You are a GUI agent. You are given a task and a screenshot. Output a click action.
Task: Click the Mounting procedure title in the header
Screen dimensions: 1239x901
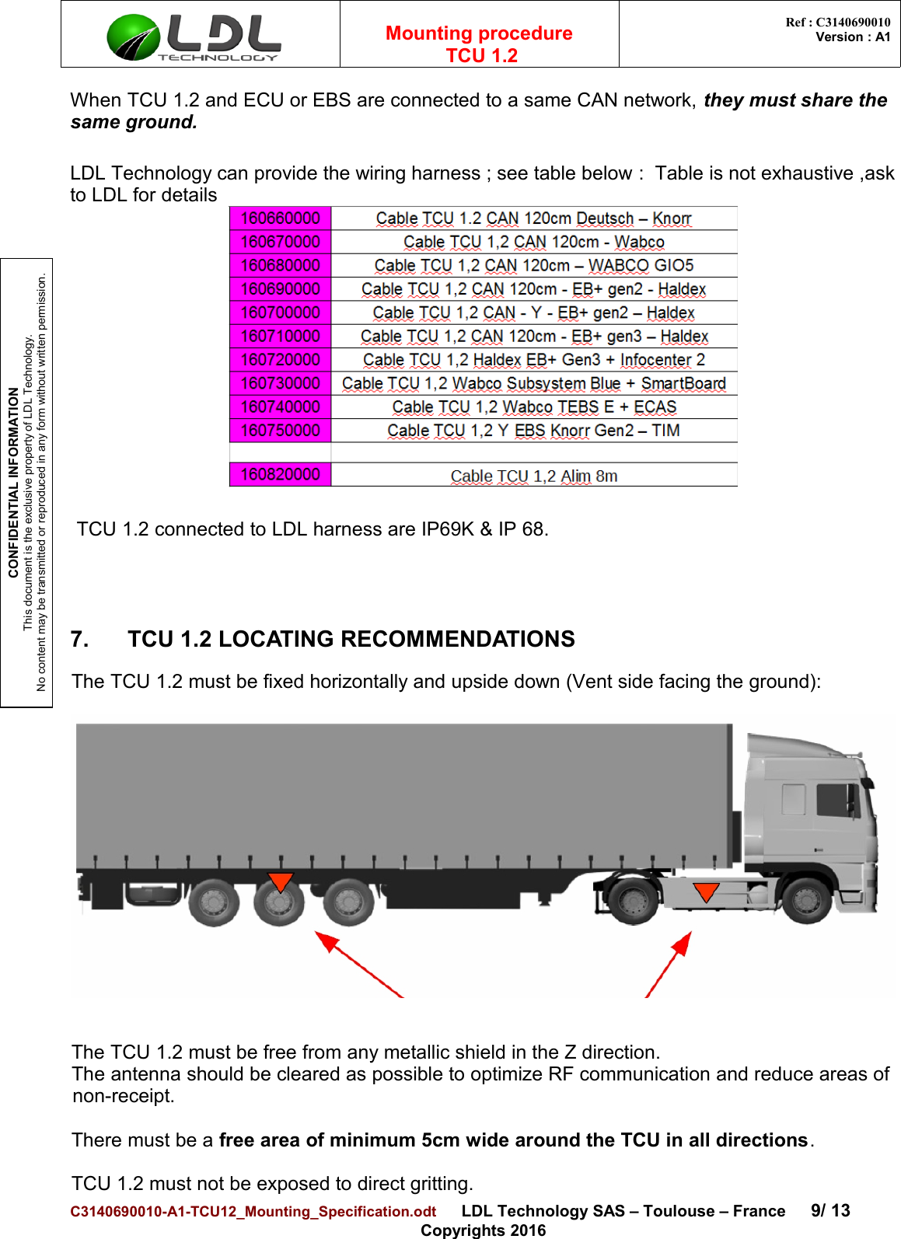tap(479, 33)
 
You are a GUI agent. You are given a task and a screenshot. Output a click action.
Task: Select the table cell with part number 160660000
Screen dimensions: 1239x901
tap(280, 218)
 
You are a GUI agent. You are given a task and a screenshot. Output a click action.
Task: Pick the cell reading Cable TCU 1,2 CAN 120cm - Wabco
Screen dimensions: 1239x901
tap(533, 243)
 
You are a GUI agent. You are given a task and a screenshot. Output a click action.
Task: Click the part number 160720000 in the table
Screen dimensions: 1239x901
tap(280, 360)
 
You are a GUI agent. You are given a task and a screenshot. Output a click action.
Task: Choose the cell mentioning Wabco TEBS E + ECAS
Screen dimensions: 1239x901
tap(533, 407)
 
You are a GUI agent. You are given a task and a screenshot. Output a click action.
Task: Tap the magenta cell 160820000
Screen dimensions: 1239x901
tap(280, 475)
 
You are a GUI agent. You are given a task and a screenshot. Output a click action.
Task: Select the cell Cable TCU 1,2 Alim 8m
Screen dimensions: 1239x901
tap(533, 476)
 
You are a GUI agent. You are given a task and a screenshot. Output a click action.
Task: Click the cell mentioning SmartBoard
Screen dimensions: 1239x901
tap(533, 384)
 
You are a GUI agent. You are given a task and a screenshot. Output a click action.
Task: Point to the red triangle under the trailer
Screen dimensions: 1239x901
tap(280, 882)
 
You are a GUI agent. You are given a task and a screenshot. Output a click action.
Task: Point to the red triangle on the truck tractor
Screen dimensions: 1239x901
tap(706, 892)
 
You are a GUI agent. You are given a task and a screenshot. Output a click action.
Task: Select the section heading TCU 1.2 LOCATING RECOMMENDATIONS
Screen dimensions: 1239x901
tap(351, 639)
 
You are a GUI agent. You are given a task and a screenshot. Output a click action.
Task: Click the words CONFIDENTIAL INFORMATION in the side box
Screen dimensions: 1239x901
tap(13, 482)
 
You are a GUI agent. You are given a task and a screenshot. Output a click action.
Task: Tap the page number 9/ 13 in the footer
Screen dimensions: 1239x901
tap(830, 1210)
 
